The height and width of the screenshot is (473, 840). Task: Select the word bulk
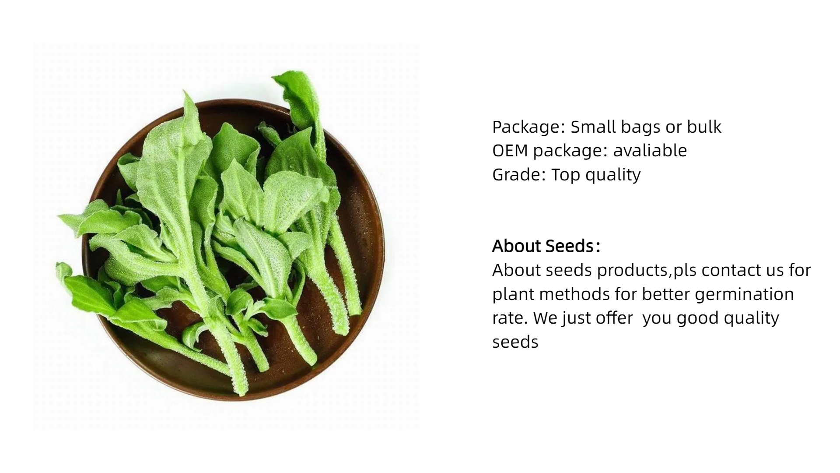coord(704,127)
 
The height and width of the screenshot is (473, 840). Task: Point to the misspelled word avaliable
coord(650,151)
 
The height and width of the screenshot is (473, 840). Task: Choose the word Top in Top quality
coord(566,175)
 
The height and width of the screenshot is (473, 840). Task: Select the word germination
coord(744,294)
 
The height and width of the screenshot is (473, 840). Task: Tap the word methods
coord(574,294)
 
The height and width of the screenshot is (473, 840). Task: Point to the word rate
coord(510,318)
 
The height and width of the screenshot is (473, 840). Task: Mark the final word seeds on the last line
coord(515,342)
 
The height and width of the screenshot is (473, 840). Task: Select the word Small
coord(592,127)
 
